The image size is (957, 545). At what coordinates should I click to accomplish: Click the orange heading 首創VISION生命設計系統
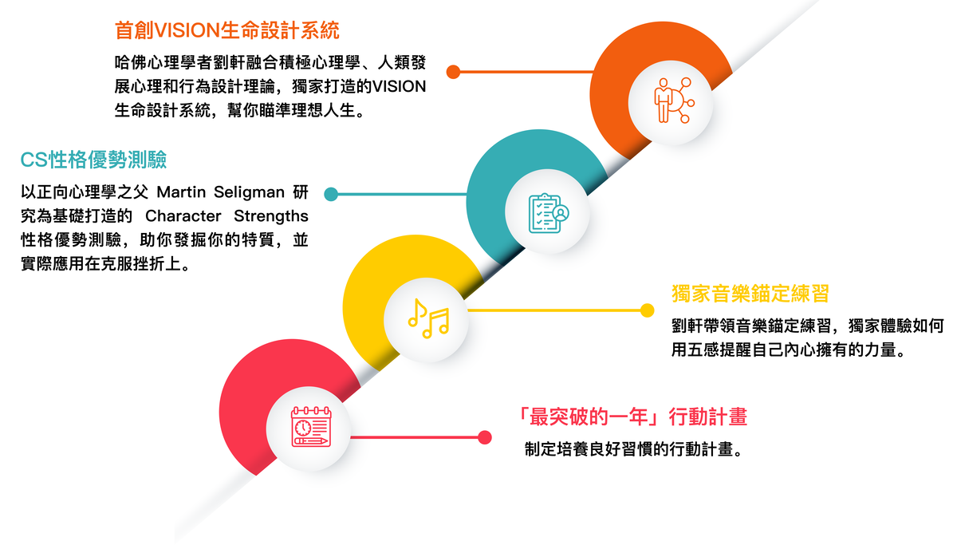pyautogui.click(x=226, y=30)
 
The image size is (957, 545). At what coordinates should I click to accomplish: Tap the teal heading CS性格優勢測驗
pyautogui.click(x=93, y=160)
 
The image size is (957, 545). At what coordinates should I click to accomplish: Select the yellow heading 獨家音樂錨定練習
pyautogui.click(x=750, y=294)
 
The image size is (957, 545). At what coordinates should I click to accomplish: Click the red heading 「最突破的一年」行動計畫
pyautogui.click(x=632, y=417)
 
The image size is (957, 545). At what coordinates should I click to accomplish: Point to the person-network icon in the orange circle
pyautogui.click(x=674, y=101)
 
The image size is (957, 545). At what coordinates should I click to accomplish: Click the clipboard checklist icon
pyautogui.click(x=549, y=213)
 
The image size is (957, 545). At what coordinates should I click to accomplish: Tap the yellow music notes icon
pyautogui.click(x=428, y=318)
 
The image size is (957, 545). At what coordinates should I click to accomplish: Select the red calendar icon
pyautogui.click(x=311, y=427)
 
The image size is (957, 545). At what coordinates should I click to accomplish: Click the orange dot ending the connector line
pyautogui.click(x=453, y=72)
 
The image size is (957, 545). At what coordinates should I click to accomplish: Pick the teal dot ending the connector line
pyautogui.click(x=331, y=194)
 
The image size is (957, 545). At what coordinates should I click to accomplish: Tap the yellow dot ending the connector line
pyautogui.click(x=648, y=310)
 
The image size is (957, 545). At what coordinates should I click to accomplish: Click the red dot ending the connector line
pyautogui.click(x=485, y=437)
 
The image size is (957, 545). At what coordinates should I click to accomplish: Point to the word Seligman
pyautogui.click(x=249, y=193)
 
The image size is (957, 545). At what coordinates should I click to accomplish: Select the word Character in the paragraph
pyautogui.click(x=183, y=216)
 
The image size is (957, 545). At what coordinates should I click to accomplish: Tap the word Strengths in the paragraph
pyautogui.click(x=271, y=217)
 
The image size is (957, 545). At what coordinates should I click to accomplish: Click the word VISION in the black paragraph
pyautogui.click(x=400, y=87)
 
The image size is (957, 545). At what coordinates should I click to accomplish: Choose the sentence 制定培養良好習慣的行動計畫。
pyautogui.click(x=635, y=449)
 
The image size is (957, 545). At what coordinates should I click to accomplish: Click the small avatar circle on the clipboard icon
pyautogui.click(x=561, y=213)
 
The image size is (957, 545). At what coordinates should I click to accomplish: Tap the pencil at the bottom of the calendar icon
pyautogui.click(x=311, y=440)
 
